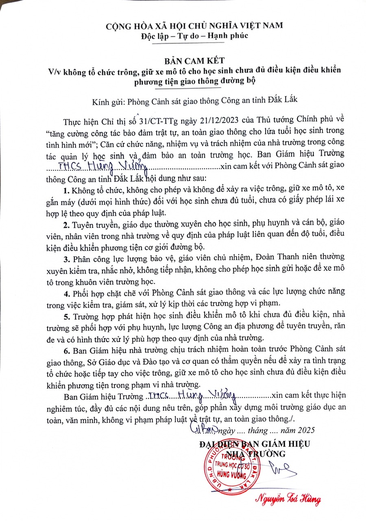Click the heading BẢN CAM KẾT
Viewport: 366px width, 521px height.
click(x=183, y=61)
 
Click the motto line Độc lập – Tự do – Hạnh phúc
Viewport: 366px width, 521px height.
click(x=183, y=35)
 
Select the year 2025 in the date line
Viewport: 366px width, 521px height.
click(x=306, y=430)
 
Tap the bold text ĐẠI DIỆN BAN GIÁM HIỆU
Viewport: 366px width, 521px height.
click(x=255, y=444)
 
